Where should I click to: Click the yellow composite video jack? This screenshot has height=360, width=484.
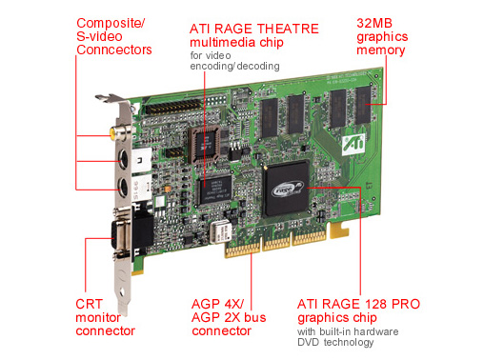pyautogui.click(x=119, y=133)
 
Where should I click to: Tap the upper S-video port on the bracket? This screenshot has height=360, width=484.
pyautogui.click(x=123, y=159)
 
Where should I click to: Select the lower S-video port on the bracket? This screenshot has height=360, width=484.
pyautogui.click(x=123, y=187)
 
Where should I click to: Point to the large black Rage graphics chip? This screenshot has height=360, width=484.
pyautogui.click(x=286, y=189)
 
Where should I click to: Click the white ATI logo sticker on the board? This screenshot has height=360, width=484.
pyautogui.click(x=353, y=145)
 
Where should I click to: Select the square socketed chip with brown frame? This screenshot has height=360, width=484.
pyautogui.click(x=205, y=145)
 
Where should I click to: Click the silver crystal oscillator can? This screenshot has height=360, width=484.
pyautogui.click(x=221, y=231)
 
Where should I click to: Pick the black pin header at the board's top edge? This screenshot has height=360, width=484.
pyautogui.click(x=174, y=107)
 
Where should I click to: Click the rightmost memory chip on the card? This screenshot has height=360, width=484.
pyautogui.click(x=363, y=106)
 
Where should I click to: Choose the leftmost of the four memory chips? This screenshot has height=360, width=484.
pyautogui.click(x=270, y=117)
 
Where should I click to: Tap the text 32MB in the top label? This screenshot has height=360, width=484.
pyautogui.click(x=374, y=23)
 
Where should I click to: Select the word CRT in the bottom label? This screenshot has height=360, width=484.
pyautogui.click(x=89, y=304)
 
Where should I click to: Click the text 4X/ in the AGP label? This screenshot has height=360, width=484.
pyautogui.click(x=233, y=304)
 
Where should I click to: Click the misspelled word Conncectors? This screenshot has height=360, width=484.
pyautogui.click(x=114, y=50)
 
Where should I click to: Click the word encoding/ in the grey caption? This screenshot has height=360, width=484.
pyautogui.click(x=213, y=66)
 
